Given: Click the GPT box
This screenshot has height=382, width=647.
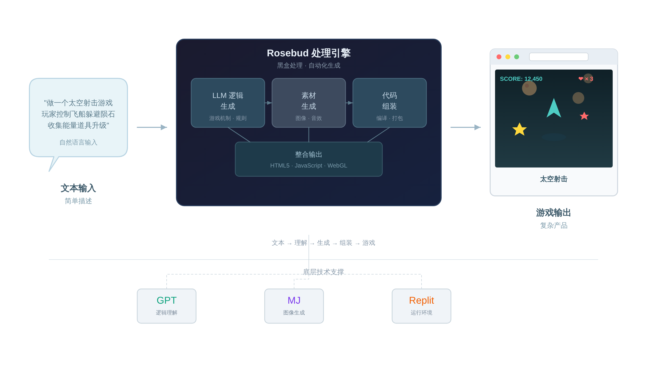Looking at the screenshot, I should tap(166, 306).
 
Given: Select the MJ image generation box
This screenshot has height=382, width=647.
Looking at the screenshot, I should tap(294, 306).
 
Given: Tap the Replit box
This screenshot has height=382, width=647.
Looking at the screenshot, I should tap(421, 306).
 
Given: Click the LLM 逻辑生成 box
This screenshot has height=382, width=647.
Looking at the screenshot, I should tap(228, 103).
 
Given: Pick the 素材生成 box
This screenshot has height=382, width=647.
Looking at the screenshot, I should tap(309, 103).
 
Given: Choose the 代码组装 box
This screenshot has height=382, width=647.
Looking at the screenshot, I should tap(389, 103).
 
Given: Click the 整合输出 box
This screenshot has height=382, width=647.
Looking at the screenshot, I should tap(309, 159).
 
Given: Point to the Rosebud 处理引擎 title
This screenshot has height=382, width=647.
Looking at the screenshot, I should tap(309, 53).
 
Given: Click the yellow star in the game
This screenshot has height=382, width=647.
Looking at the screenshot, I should tap(519, 129).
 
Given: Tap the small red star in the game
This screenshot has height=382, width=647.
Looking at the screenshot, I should tap(584, 116).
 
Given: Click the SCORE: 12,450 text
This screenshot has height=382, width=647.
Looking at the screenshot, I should tap(521, 79).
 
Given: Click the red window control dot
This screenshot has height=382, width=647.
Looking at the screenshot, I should tap(499, 57).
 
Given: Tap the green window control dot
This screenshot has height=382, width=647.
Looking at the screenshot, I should tap(516, 57).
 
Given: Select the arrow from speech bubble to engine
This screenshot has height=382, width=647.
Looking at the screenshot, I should tap(152, 127).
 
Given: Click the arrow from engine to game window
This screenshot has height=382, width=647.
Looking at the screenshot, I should tap(465, 127).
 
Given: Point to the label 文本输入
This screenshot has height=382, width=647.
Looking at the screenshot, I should tap(78, 188).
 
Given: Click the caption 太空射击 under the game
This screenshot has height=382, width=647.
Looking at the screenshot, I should tap(554, 179).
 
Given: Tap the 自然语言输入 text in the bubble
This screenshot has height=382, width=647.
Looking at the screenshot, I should tap(78, 142).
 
